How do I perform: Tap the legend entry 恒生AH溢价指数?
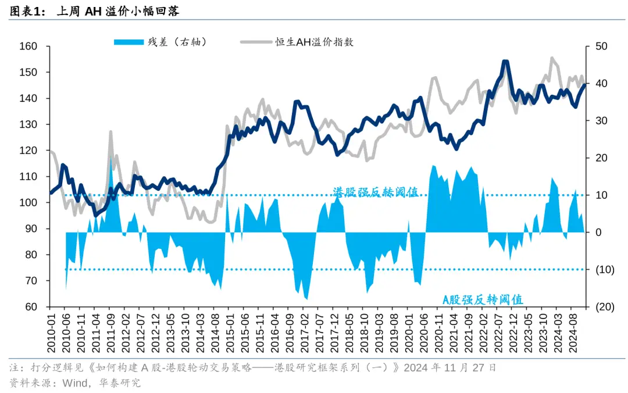315,42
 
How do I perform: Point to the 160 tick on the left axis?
28,47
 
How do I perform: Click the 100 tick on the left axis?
28,203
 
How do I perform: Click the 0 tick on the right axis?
598,233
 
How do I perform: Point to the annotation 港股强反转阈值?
376,192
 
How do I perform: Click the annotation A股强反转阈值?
483,300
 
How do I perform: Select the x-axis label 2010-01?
51,333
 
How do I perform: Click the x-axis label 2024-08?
573,333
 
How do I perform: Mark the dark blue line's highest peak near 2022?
505,61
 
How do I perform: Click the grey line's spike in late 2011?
110,132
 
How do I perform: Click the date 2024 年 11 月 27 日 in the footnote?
450,368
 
